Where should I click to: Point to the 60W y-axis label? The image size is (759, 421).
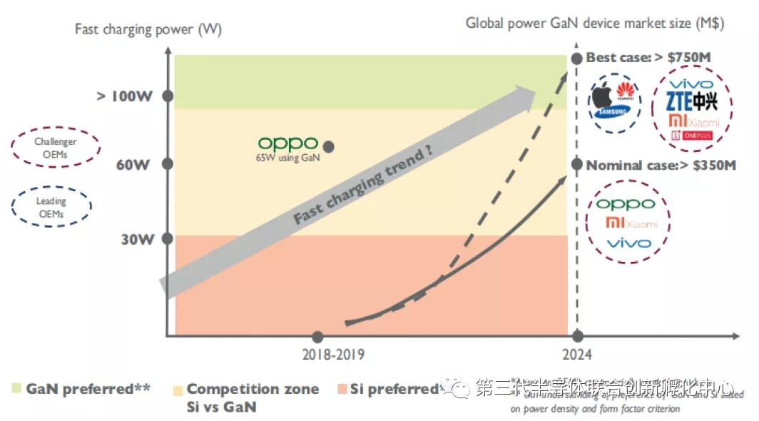click(x=133, y=165)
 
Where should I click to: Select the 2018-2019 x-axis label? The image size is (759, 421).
click(x=332, y=353)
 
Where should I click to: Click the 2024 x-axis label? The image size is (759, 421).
click(x=576, y=353)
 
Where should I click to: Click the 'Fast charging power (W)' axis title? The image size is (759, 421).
click(x=148, y=29)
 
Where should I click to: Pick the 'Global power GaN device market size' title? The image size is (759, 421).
click(x=595, y=23)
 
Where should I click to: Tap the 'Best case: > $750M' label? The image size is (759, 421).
click(x=649, y=58)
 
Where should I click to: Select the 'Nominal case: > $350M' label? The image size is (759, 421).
click(x=661, y=165)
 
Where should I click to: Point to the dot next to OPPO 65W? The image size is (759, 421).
click(x=329, y=146)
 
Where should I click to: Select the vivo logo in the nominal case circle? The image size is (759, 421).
click(x=628, y=243)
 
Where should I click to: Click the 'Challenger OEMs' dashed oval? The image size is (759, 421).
click(x=56, y=148)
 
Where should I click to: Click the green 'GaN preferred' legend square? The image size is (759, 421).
click(x=16, y=388)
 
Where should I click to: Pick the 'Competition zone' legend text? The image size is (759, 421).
click(x=253, y=389)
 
